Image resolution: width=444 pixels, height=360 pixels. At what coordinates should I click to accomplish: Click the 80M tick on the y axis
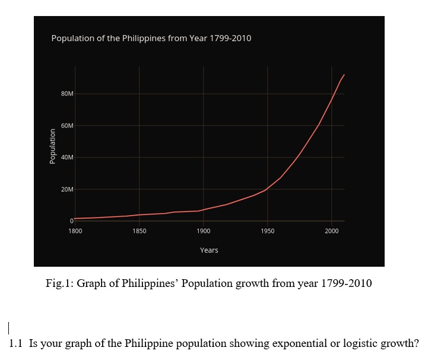click(x=67, y=94)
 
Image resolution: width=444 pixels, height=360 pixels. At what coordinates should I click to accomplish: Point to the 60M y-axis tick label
click(x=67, y=126)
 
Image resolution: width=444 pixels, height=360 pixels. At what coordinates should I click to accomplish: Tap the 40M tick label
click(x=67, y=157)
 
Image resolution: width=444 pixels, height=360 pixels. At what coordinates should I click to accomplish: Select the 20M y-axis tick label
click(x=67, y=190)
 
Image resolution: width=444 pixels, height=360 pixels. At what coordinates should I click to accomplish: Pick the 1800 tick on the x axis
click(x=75, y=230)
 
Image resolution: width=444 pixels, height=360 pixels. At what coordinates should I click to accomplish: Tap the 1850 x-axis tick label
click(x=139, y=230)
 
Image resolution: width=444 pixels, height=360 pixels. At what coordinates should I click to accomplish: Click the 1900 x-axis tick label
click(x=203, y=230)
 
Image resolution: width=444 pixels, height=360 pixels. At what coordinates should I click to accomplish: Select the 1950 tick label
click(x=267, y=230)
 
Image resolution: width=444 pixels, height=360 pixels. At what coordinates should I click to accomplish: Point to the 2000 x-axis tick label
click(x=331, y=230)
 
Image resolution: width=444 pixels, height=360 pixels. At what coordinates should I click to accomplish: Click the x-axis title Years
click(x=209, y=250)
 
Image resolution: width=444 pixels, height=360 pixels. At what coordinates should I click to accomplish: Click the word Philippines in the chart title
click(x=144, y=38)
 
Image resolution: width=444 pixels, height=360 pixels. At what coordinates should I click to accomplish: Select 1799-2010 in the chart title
click(x=230, y=38)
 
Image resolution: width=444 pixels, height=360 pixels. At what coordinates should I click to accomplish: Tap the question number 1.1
click(x=17, y=343)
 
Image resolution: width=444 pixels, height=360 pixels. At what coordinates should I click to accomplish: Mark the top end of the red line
click(x=344, y=75)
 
